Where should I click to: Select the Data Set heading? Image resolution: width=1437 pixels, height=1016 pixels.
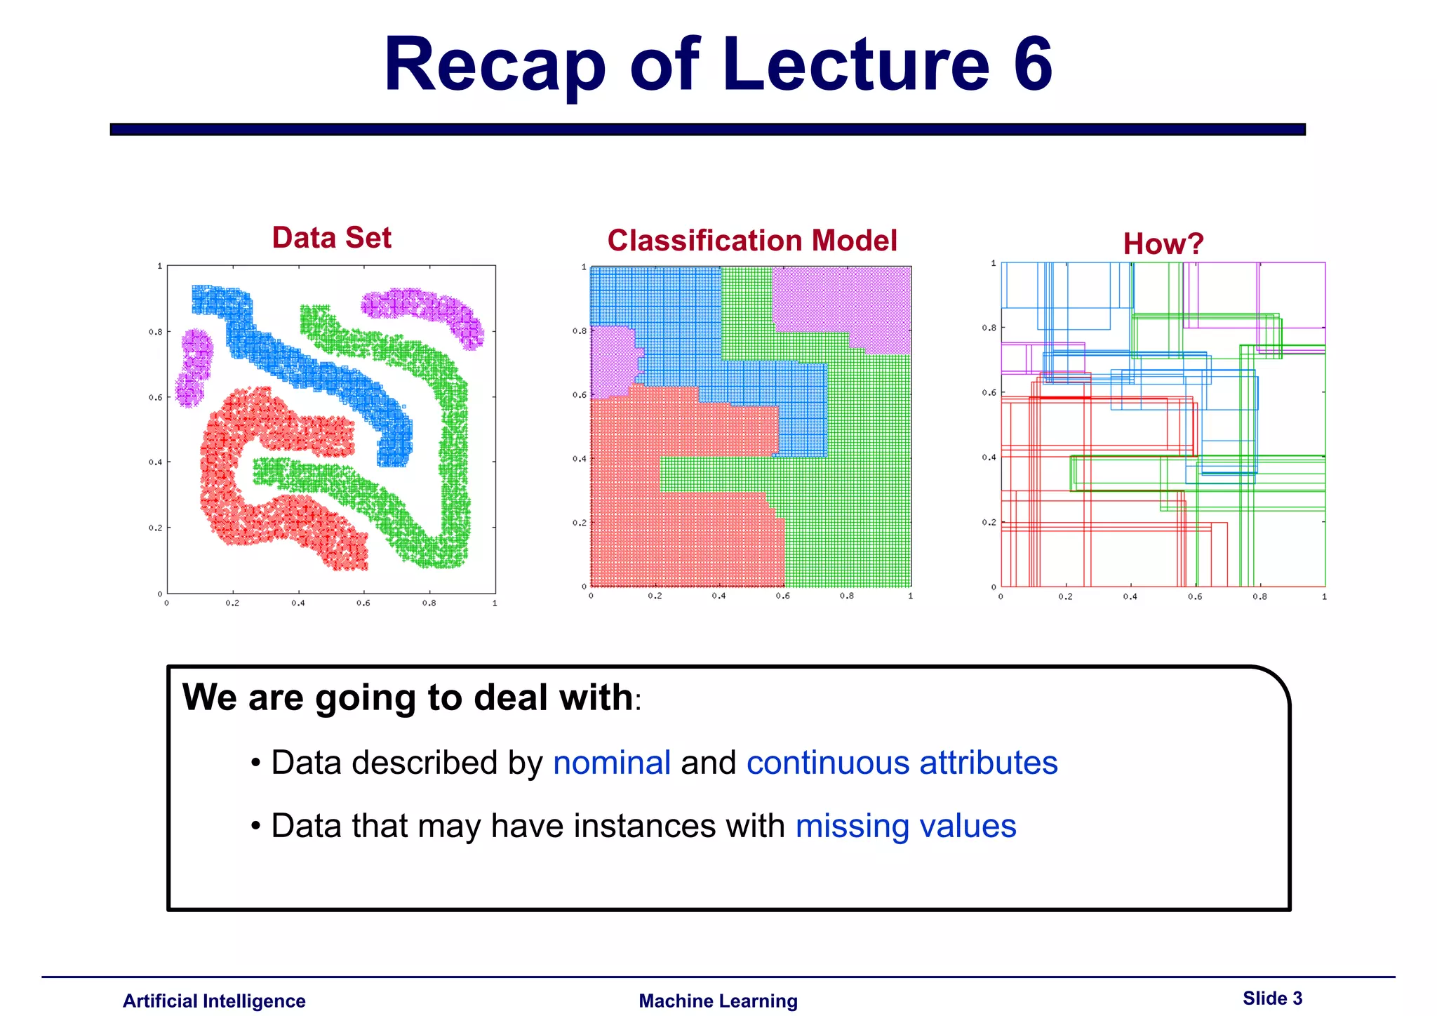pos(331,238)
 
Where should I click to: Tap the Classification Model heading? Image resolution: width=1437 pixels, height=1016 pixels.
pos(751,241)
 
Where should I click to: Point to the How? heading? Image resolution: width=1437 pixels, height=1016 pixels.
pos(1163,244)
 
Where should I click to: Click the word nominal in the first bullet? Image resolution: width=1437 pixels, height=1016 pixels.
pos(611,763)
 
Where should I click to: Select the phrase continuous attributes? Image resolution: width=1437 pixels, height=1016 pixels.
pos(902,763)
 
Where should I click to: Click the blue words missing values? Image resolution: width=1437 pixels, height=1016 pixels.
pos(905,826)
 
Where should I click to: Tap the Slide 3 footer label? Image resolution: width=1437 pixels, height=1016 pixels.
pos(1271,998)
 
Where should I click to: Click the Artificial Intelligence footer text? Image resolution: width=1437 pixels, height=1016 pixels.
pos(214,1001)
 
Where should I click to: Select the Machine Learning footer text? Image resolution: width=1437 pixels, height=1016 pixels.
pos(718,1001)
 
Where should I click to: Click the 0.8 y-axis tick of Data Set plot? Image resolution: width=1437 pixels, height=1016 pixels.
pos(155,332)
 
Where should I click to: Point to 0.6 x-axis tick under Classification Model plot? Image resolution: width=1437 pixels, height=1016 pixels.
pos(782,596)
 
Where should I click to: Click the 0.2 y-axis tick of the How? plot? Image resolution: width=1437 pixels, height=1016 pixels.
pos(988,522)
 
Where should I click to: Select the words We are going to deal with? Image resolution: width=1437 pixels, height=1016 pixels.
pos(407,697)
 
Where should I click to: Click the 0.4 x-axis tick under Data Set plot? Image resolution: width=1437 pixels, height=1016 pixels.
pos(298,603)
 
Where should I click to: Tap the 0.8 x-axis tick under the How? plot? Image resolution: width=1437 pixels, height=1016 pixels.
pos(1259,596)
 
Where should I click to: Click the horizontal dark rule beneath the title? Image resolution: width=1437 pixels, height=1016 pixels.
pos(707,129)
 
